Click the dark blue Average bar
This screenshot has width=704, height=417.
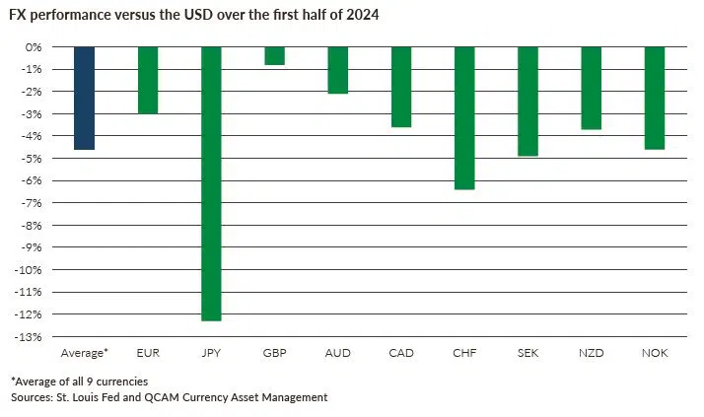coord(84,98)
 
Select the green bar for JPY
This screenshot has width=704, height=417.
coord(211,183)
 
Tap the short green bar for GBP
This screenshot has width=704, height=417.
coord(274,56)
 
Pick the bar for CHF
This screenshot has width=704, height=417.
coord(464,117)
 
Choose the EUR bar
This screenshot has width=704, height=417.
coord(148,80)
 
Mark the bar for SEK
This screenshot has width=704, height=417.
coord(528,101)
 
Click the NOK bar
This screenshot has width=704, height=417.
coord(654,98)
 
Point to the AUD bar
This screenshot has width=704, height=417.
coord(337,70)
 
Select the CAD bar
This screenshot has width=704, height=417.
coord(400,87)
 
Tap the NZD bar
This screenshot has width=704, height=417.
coord(591,88)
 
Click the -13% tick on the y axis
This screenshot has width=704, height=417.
coord(30,337)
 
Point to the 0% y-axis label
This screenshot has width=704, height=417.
coord(34,47)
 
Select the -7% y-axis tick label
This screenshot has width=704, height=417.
coord(32,203)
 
